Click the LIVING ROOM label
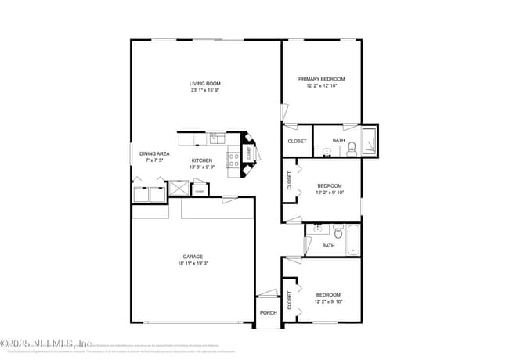[205, 83]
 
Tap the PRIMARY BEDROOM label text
[321, 79]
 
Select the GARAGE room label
[193, 257]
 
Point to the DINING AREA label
[154, 153]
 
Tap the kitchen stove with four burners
[233, 160]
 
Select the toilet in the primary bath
[352, 147]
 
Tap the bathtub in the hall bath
[352, 239]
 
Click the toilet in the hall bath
[337, 231]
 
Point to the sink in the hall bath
[318, 229]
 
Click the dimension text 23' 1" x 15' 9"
[205, 90]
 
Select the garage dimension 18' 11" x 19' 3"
[193, 264]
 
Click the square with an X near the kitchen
[178, 189]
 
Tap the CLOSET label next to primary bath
[297, 141]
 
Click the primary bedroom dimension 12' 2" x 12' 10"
[321, 86]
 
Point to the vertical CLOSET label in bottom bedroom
[289, 301]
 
